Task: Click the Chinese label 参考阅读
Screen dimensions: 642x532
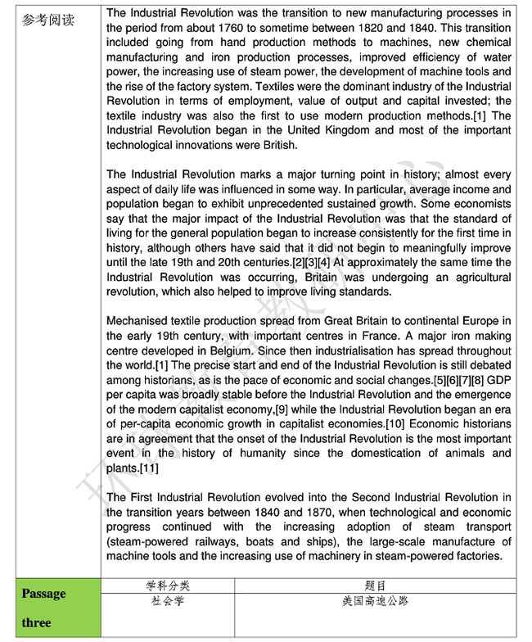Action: (x=48, y=19)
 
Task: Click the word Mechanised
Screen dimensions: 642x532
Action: (x=139, y=322)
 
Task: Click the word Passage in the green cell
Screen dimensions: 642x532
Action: (x=44, y=594)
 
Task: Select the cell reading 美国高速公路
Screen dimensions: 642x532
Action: (x=375, y=602)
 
